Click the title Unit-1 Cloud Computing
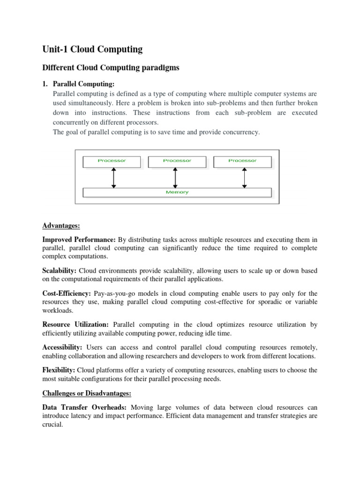click(x=92, y=49)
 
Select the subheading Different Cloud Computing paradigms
click(x=111, y=68)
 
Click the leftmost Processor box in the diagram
click(x=112, y=161)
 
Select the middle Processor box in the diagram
click(x=177, y=161)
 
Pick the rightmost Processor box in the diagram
click(x=242, y=161)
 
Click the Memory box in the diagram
click(x=177, y=192)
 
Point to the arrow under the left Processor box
click(x=113, y=177)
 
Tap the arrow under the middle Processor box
click(x=175, y=177)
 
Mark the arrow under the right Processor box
click(x=244, y=177)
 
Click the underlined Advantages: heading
click(x=61, y=226)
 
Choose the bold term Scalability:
click(x=60, y=271)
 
